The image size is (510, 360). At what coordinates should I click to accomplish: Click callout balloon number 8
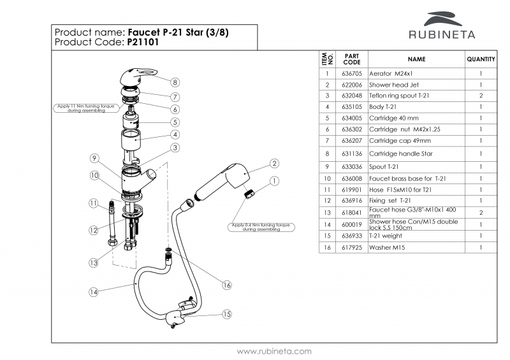coord(175,82)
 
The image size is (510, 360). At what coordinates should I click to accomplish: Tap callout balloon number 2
coord(274,164)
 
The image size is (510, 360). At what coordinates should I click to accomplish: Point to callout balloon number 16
coord(226,285)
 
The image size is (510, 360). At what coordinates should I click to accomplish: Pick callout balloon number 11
coord(94,204)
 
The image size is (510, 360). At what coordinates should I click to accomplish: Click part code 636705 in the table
coord(351,73)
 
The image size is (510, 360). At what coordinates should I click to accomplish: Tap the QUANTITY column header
coord(481,59)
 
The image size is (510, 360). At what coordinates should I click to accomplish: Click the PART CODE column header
coord(351,59)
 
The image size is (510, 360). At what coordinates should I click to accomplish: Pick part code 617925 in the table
coord(351,247)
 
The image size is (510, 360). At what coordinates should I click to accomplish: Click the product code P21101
coord(143,42)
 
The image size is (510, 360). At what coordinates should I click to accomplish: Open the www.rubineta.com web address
coord(274,351)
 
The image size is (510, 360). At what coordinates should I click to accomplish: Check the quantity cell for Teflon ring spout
coord(481,96)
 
